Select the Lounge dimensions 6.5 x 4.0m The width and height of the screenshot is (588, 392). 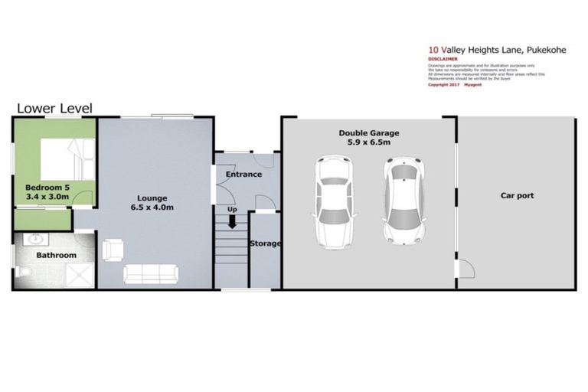[x=151, y=207]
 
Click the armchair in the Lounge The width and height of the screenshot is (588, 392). [x=113, y=250]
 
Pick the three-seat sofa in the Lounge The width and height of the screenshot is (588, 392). [x=151, y=273]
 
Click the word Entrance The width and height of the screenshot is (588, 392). [x=243, y=175]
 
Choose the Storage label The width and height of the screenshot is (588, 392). [x=266, y=243]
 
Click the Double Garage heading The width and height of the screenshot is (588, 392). [x=369, y=132]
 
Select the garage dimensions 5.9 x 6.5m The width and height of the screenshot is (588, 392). [x=369, y=142]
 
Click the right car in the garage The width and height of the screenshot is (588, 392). [x=405, y=201]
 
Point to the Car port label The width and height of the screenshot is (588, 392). [x=517, y=196]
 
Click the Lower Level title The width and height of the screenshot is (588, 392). [x=54, y=109]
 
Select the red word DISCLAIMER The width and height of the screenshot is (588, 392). [x=443, y=57]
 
